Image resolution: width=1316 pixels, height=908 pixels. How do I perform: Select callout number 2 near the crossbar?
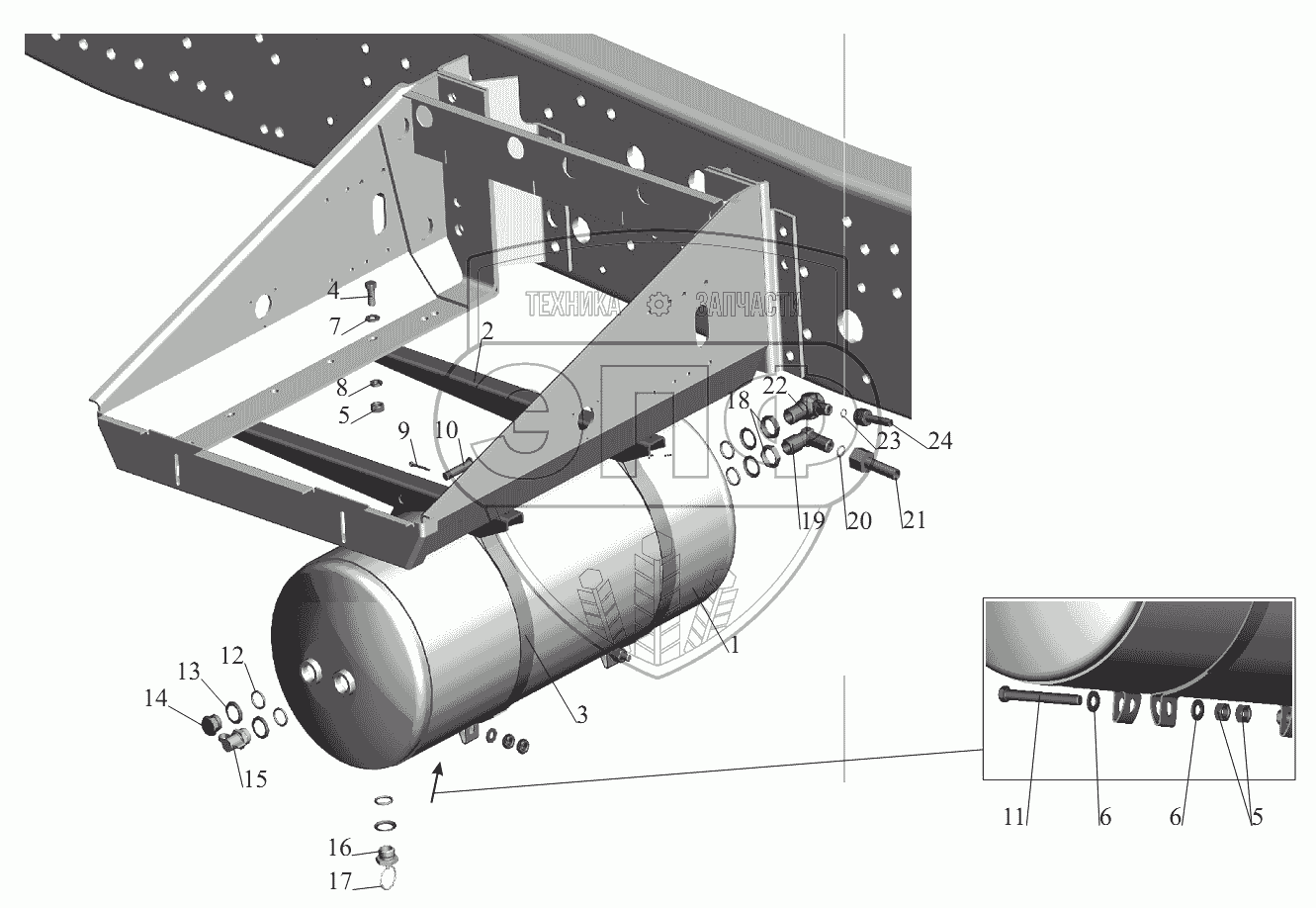[488, 331]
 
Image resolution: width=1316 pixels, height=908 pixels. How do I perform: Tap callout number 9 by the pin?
[403, 430]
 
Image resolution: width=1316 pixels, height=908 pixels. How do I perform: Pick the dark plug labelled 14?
[208, 724]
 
